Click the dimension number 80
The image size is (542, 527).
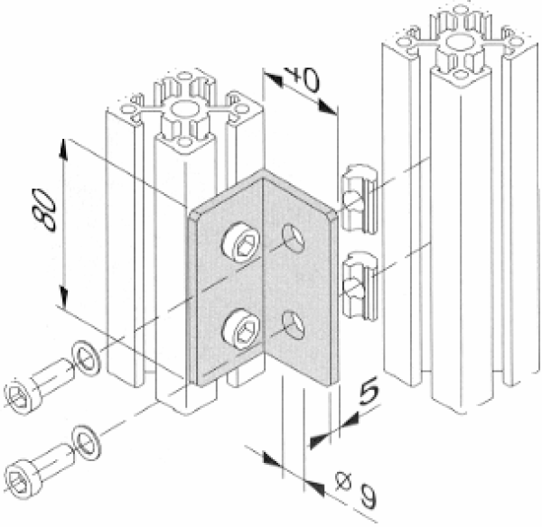click(x=44, y=209)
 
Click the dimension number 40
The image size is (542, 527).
click(x=301, y=79)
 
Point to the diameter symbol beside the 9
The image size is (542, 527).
click(x=343, y=481)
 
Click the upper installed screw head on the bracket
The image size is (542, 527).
click(x=240, y=244)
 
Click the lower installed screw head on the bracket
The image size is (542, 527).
click(x=240, y=329)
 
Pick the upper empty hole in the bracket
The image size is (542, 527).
click(x=294, y=238)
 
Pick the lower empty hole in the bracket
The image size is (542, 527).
click(x=293, y=326)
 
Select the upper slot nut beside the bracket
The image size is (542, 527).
click(x=359, y=199)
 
